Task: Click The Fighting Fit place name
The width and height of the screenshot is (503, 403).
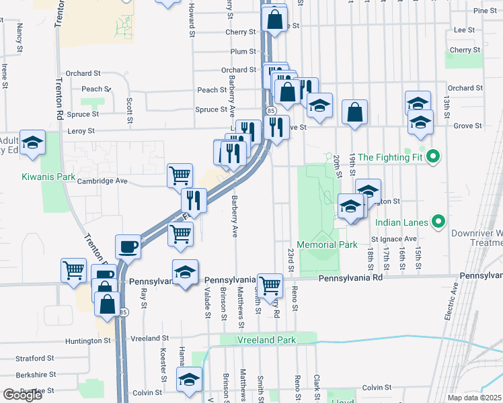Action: point(392,158)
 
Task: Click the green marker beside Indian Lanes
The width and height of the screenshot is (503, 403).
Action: point(439,220)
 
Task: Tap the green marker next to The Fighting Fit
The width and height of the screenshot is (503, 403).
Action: point(434,158)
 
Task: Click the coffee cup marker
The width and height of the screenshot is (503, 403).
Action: point(128,247)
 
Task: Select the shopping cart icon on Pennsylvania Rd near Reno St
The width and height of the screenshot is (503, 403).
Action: point(270,285)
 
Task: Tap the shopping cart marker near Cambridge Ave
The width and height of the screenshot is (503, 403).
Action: point(180,175)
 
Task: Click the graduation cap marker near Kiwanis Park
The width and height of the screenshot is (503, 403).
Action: point(32,142)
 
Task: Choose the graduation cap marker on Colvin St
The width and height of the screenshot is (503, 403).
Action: point(190,379)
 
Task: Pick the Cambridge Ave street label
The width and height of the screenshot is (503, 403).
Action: point(102,181)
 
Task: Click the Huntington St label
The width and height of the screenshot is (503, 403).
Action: point(88,341)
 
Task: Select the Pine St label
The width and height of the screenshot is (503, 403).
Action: point(484,11)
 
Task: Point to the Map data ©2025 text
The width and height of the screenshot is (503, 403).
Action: point(475,398)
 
